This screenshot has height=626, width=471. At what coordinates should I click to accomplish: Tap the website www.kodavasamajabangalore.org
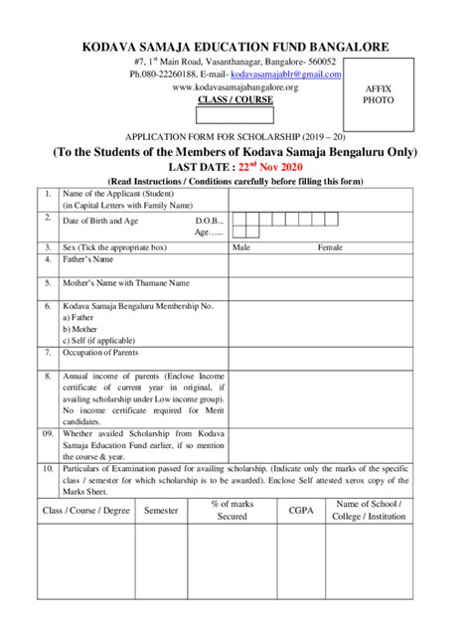[235, 86]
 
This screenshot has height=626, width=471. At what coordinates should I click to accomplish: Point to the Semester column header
[161, 510]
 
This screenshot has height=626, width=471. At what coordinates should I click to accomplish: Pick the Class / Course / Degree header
[85, 510]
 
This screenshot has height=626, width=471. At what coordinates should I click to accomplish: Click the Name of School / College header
[369, 510]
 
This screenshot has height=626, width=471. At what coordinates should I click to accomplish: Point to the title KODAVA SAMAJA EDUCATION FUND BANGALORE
[235, 47]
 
